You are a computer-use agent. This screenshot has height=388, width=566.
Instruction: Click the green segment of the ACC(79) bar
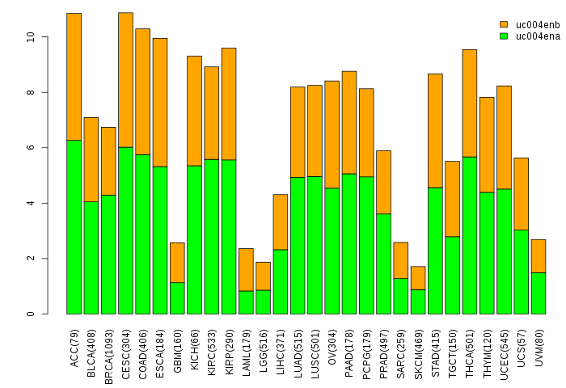(x=74, y=226)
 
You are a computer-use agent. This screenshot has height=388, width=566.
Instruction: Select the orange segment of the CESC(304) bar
(x=125, y=79)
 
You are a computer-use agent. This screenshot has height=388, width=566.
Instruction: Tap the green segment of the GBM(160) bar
(x=177, y=297)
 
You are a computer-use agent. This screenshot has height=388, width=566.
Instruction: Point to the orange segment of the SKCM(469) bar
(x=418, y=277)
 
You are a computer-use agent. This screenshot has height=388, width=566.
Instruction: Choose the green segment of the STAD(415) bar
(x=435, y=251)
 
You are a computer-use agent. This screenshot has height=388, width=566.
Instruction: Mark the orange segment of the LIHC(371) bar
(x=281, y=221)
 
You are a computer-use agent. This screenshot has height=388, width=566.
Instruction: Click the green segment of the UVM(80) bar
(x=539, y=293)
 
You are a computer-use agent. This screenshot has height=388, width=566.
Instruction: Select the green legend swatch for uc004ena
(x=504, y=36)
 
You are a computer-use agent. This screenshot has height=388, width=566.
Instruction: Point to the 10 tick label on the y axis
(x=31, y=37)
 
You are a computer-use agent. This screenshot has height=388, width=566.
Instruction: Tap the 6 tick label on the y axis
(x=31, y=148)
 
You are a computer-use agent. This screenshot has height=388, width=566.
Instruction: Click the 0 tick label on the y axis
(x=31, y=314)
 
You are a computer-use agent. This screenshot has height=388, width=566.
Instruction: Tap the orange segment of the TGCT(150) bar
(x=453, y=198)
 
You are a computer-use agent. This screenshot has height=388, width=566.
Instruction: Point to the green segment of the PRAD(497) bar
(x=384, y=264)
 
